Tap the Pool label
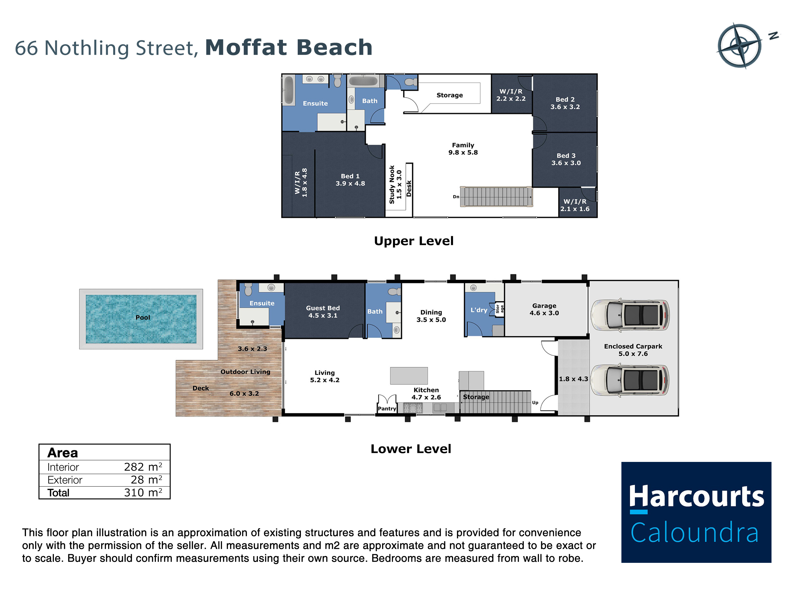(x=142, y=317)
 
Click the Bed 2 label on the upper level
(x=565, y=99)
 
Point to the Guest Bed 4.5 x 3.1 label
(x=323, y=312)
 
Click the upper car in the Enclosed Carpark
(x=630, y=315)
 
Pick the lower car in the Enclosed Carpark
(x=630, y=380)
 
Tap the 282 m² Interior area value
(x=143, y=467)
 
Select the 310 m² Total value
(x=143, y=492)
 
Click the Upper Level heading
(x=414, y=241)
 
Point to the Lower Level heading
(x=411, y=449)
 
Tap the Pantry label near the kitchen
(x=387, y=409)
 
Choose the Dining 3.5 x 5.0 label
(x=431, y=316)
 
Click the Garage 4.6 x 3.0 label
(x=544, y=309)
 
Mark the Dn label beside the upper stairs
(x=456, y=197)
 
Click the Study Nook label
(x=392, y=185)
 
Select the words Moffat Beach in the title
(x=289, y=47)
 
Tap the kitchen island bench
(x=409, y=376)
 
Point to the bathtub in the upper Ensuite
(x=289, y=90)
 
